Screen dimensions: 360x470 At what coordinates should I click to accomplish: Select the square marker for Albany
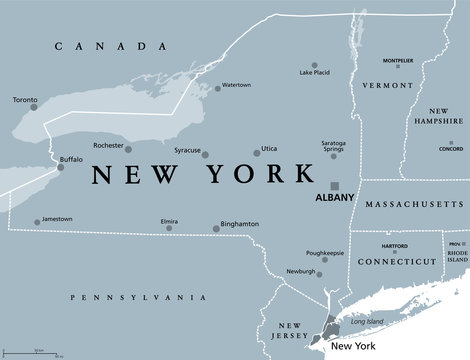click(x=335, y=184)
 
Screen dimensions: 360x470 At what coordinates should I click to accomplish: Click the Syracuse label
click(x=181, y=153)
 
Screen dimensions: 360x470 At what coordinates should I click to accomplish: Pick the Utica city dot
click(x=252, y=154)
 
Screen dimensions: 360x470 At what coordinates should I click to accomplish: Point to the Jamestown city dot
click(x=36, y=222)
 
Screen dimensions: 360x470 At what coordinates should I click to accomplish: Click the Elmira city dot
click(x=169, y=229)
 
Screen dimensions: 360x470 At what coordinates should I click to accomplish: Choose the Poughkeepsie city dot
click(x=327, y=262)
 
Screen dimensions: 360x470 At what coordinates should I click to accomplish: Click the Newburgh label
click(x=300, y=271)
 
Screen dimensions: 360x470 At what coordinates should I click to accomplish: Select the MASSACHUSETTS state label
click(x=411, y=203)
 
